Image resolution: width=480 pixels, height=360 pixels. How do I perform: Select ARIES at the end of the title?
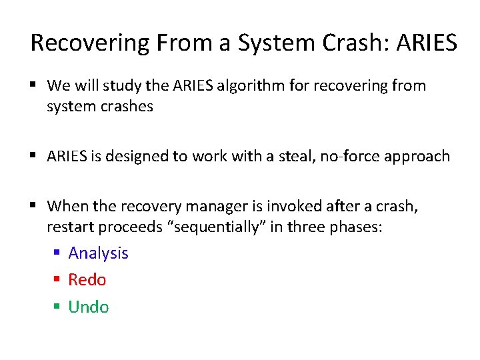click(427, 43)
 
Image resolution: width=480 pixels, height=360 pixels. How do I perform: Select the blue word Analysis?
click(98, 253)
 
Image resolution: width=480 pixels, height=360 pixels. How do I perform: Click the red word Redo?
click(87, 280)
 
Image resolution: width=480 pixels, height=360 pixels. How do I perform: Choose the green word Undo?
click(89, 307)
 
